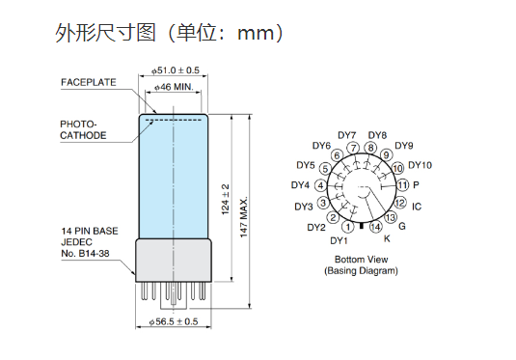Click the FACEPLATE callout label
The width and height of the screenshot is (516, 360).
[x=89, y=82]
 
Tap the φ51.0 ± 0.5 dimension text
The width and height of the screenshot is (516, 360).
[x=176, y=70]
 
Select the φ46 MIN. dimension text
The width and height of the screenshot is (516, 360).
[x=174, y=87]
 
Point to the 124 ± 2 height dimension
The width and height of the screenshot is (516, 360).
[x=226, y=199]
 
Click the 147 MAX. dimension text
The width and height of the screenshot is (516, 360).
[x=243, y=217]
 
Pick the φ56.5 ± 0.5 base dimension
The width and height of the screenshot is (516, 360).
[x=174, y=321]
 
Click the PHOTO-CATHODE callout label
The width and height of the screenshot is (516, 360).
[x=83, y=129]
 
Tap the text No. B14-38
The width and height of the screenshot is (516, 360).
[x=85, y=253]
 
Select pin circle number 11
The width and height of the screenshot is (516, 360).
[x=403, y=185]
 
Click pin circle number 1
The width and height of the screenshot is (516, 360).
[x=348, y=227]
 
